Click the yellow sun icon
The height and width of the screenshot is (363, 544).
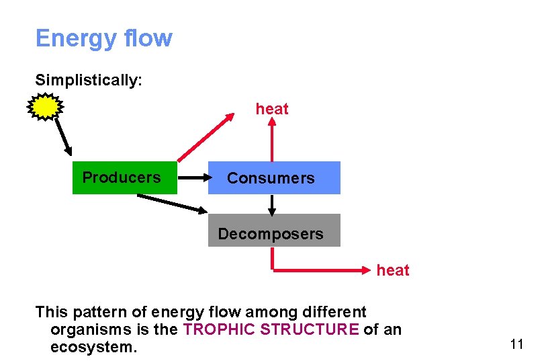(45, 106)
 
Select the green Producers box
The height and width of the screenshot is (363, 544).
(124, 177)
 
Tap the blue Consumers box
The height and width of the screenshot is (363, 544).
(273, 178)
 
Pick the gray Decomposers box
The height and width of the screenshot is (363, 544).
(273, 231)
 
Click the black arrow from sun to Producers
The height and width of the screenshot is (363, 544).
(62, 137)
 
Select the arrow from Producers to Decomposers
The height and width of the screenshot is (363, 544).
(173, 204)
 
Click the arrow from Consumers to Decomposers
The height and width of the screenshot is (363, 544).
(272, 204)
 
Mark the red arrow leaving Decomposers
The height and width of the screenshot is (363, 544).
(316, 270)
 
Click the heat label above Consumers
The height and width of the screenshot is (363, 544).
(272, 109)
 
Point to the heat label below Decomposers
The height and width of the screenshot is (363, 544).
(393, 270)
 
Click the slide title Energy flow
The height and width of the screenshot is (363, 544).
(104, 38)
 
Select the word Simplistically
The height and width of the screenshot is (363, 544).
(88, 80)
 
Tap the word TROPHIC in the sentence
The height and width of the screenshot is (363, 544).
(215, 330)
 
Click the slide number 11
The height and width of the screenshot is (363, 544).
(516, 345)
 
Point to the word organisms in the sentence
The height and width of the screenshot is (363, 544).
(91, 330)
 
